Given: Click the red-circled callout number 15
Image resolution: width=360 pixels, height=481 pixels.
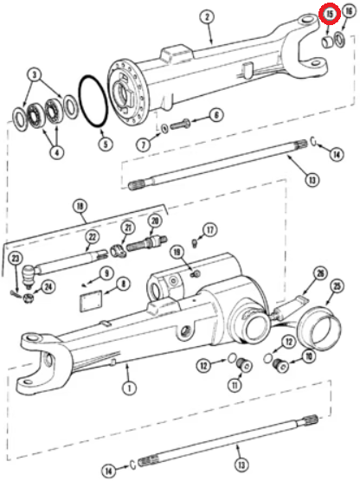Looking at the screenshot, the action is point(330,14).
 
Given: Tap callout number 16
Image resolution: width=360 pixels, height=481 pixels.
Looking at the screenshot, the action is point(349,11).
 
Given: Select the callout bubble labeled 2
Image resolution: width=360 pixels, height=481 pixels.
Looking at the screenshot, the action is point(207,16).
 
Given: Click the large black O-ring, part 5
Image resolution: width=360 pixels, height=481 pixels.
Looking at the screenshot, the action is point(93,101).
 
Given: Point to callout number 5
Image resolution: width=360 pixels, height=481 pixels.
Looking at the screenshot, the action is point(106,144).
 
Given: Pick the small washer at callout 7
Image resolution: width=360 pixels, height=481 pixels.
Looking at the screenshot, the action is point(164,128).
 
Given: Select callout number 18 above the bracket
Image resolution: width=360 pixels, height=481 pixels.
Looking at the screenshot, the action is point(80,206).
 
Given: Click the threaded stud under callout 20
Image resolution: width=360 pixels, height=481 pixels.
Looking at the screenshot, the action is point(147,244).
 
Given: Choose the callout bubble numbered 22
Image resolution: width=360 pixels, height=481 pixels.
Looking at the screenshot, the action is point(93,236).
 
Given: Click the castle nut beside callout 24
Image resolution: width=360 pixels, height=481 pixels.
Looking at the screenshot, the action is point(29,297).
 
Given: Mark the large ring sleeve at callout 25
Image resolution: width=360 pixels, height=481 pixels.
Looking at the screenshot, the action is point(321,328).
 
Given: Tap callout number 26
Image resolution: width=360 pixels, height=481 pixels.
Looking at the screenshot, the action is point(320,273).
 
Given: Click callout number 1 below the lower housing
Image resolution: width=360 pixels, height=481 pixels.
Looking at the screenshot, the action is point(129,388).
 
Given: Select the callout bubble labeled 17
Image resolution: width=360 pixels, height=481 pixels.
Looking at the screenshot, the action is point(210,230).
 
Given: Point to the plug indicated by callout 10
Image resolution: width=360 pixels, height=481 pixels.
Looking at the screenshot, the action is point(280,365).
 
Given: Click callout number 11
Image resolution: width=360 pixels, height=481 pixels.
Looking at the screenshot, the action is point(235,385).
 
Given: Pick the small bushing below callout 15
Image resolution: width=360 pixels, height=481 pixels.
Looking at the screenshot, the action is point(327,42).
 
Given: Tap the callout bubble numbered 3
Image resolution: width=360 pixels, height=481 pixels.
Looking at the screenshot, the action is point(35,74).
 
